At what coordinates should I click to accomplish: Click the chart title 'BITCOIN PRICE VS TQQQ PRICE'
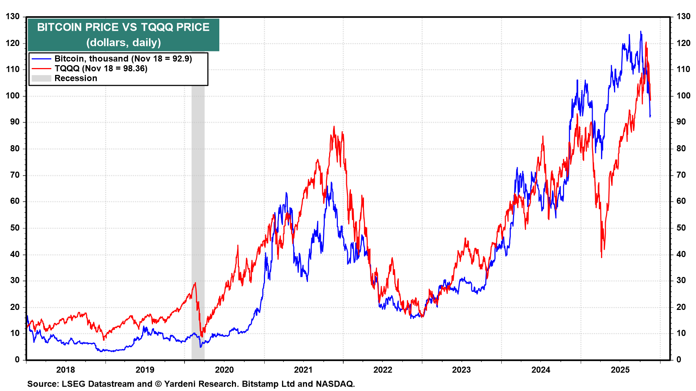pyautogui.click(x=123, y=28)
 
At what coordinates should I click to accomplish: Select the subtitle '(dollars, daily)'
pyautogui.click(x=123, y=43)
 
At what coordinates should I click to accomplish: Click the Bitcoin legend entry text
pyautogui.click(x=123, y=59)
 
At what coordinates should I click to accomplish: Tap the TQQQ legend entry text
pyautogui.click(x=101, y=68)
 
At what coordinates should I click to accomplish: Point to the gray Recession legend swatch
pyautogui.click(x=41, y=78)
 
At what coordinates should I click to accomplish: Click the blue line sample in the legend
pyautogui.click(x=41, y=59)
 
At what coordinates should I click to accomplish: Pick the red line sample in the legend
pyautogui.click(x=41, y=68)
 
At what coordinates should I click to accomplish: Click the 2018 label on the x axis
pyautogui.click(x=66, y=370)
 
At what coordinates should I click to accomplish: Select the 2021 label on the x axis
pyautogui.click(x=303, y=370)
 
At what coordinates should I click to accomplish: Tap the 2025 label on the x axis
pyautogui.click(x=620, y=370)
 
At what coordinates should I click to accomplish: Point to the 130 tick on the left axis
pyautogui.click(x=13, y=17)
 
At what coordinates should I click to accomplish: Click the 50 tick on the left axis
pyautogui.click(x=15, y=228)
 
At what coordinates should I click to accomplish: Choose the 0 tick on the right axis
pyautogui.click(x=679, y=360)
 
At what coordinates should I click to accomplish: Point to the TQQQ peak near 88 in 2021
pyautogui.click(x=334, y=126)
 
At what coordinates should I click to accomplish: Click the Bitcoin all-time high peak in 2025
pyautogui.click(x=641, y=31)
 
